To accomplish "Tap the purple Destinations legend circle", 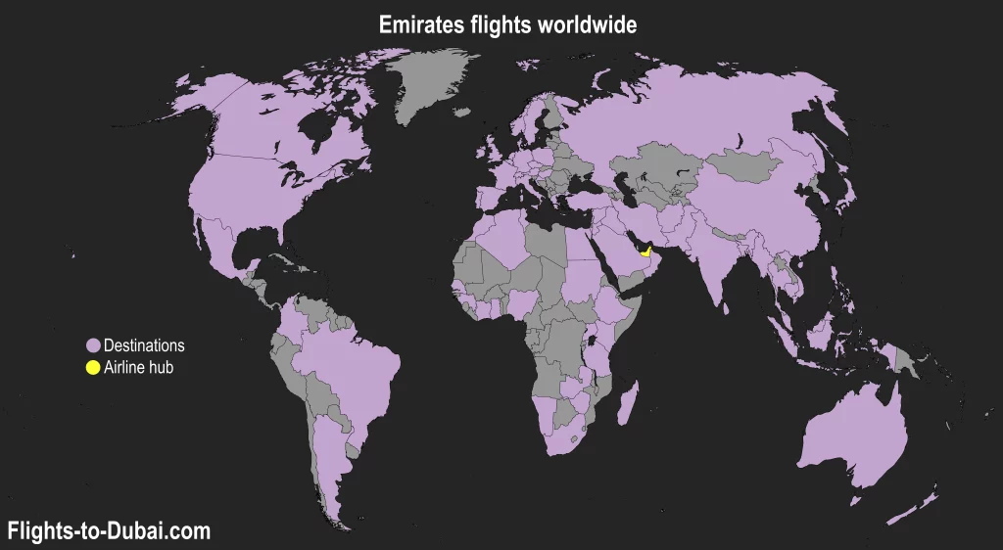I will click(93, 345).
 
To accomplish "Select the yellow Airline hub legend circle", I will click(93, 368).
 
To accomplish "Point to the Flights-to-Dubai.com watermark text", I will click(109, 531).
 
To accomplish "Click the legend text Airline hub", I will click(138, 368).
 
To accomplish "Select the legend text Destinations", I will click(144, 345).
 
